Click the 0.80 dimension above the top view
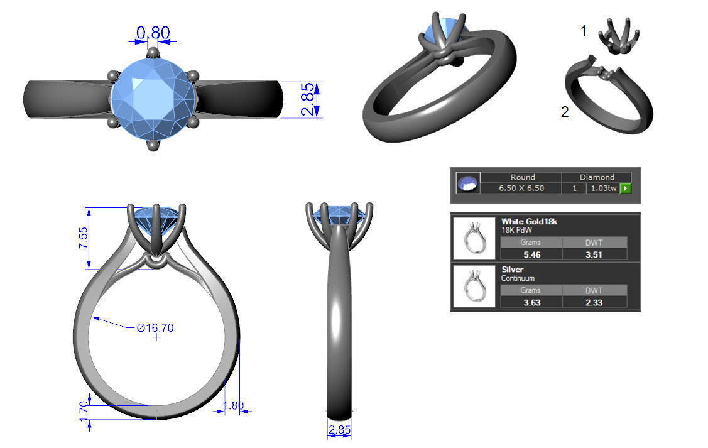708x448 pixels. [x=153, y=31]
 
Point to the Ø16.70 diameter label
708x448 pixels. [x=155, y=327]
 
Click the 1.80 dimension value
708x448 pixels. [x=234, y=405]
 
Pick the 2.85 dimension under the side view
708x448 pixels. [x=339, y=430]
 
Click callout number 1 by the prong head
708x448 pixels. [x=584, y=30]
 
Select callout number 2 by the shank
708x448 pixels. [x=565, y=112]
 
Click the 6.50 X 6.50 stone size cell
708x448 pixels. [x=521, y=188]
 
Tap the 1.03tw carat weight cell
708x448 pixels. [x=602, y=188]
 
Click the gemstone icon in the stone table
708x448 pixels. [x=468, y=183]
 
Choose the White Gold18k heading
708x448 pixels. [x=529, y=221]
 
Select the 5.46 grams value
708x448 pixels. [x=531, y=254]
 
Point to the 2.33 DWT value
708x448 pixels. [x=594, y=302]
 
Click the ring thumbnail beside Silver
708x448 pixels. [x=474, y=287]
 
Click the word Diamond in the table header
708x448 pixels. [x=597, y=177]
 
